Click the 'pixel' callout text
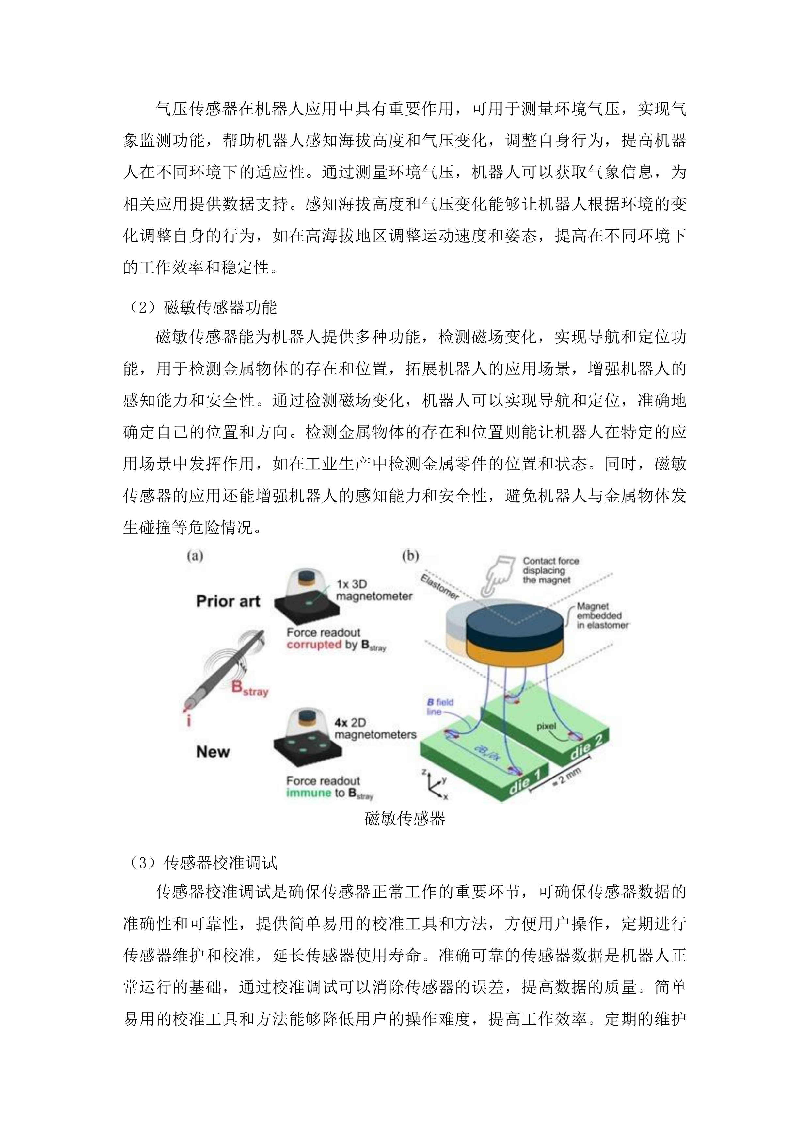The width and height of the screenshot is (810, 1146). (x=546, y=726)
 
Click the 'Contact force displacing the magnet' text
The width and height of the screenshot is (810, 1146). (x=550, y=570)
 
